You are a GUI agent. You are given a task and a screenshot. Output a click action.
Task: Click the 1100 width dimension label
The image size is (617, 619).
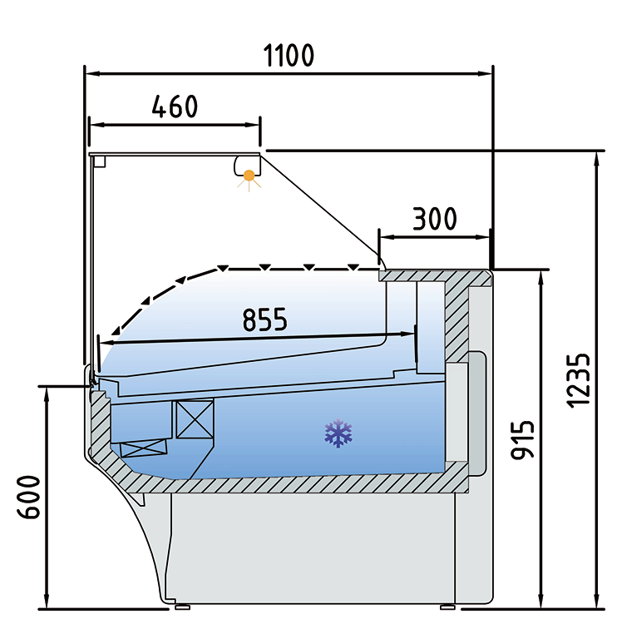(x=289, y=56)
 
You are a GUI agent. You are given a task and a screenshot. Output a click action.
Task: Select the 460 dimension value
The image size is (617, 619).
(x=175, y=107)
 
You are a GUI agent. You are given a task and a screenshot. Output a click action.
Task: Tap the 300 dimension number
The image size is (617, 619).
(x=435, y=219)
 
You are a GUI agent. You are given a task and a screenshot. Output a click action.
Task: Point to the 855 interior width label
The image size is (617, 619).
(x=264, y=319)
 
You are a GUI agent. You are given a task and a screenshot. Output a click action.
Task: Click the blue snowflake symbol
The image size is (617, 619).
(x=338, y=433)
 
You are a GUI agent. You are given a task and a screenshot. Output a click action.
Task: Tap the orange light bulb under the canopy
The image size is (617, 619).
(x=249, y=175)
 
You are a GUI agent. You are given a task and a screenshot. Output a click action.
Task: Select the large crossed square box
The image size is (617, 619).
(x=194, y=418)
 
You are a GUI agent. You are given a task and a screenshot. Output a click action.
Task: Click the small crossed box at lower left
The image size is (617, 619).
(x=144, y=448)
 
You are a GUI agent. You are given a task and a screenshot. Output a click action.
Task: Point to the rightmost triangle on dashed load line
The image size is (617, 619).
(x=353, y=268)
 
